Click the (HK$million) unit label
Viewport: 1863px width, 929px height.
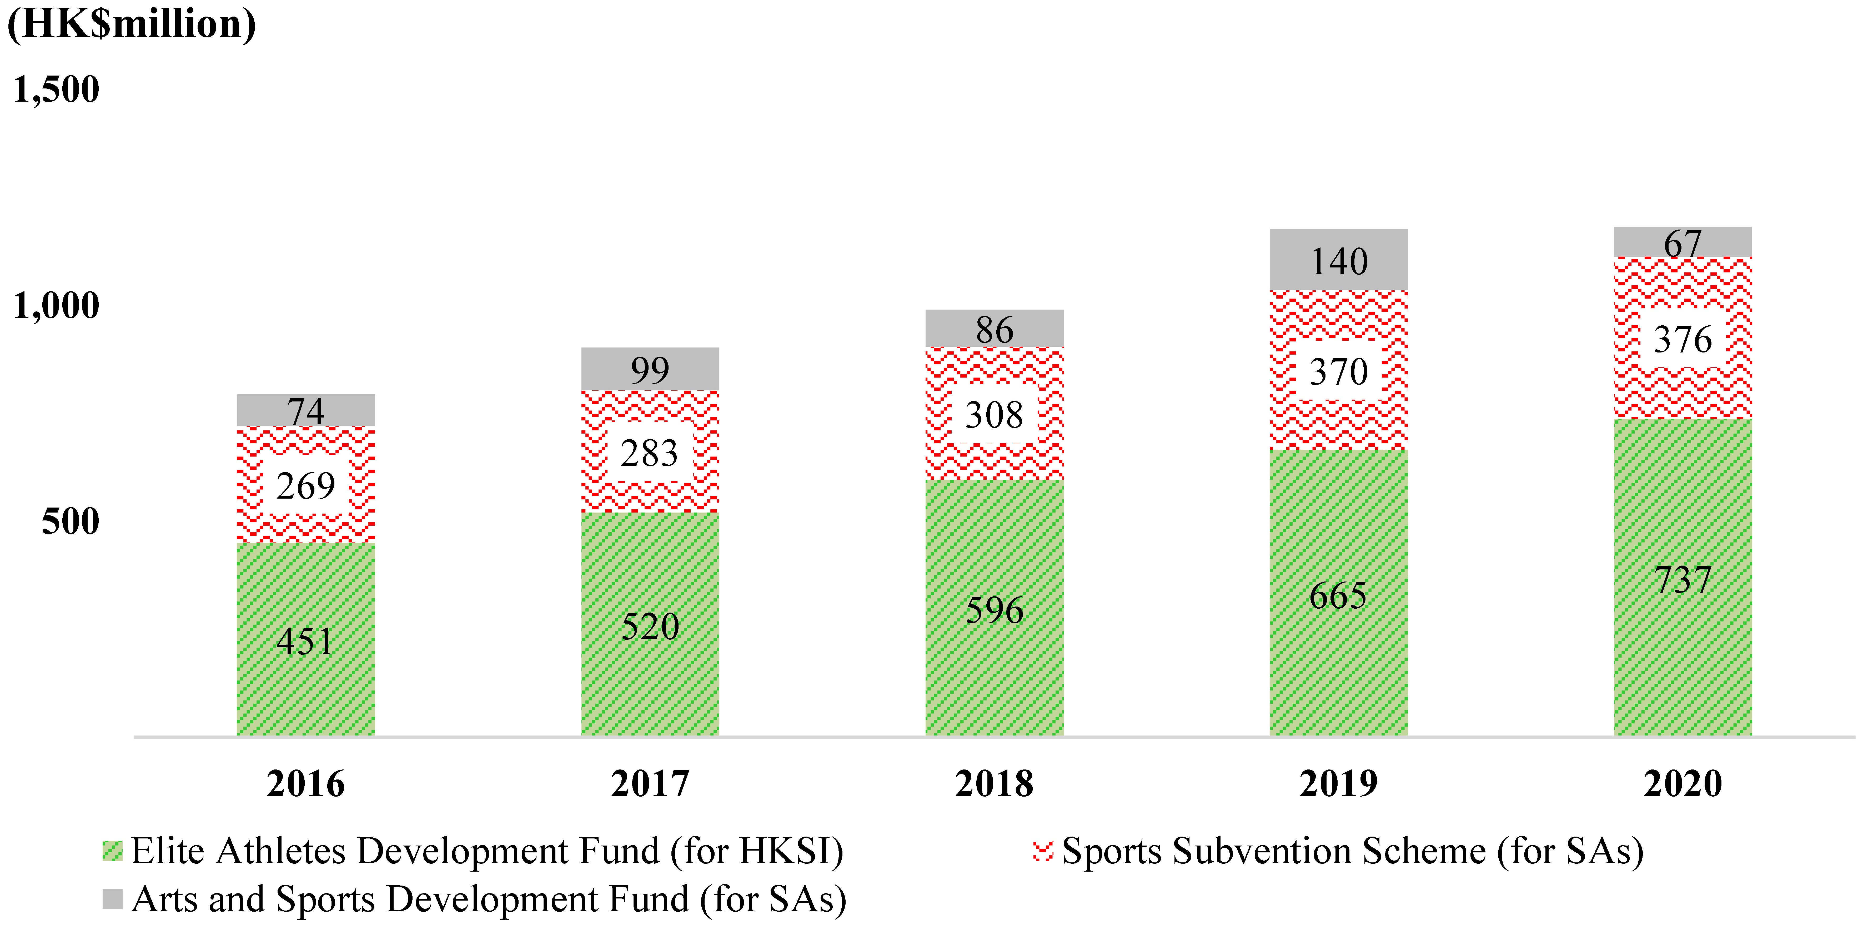click(132, 24)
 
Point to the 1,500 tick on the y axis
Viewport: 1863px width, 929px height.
click(56, 90)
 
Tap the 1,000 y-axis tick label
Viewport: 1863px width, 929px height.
click(56, 305)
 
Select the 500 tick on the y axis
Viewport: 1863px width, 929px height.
click(70, 521)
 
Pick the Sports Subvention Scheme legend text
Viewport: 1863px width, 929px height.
click(1352, 851)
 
